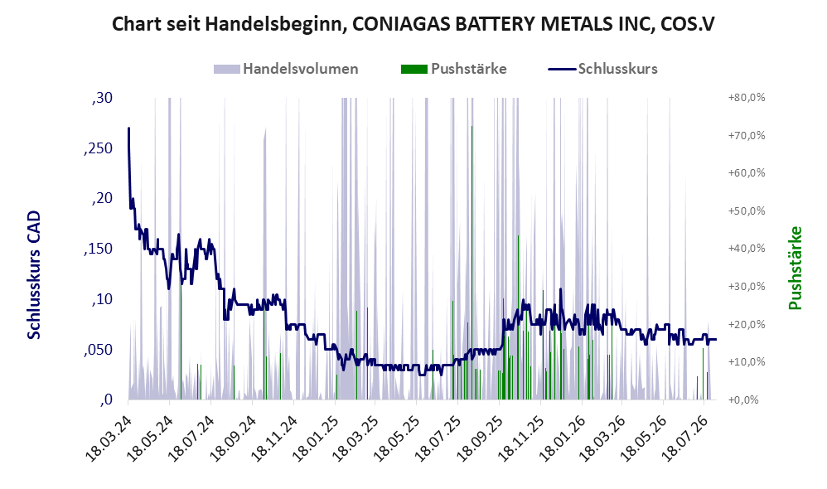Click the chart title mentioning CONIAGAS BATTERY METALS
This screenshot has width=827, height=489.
pyautogui.click(x=413, y=24)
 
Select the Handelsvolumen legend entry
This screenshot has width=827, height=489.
pyautogui.click(x=286, y=69)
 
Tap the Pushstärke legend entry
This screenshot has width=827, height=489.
pyautogui.click(x=453, y=69)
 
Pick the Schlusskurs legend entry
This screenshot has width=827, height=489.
pyautogui.click(x=602, y=69)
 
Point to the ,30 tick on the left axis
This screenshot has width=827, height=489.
pyautogui.click(x=102, y=98)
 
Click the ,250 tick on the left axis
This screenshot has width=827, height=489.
pyautogui.click(x=98, y=148)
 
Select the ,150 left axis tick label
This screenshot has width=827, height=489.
pyautogui.click(x=98, y=249)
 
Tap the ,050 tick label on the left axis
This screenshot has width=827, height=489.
pyautogui.click(x=98, y=351)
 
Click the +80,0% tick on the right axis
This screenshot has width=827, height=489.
pyautogui.click(x=747, y=98)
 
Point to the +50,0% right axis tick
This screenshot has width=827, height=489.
pyautogui.click(x=747, y=211)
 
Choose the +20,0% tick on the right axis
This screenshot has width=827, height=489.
pyautogui.click(x=747, y=324)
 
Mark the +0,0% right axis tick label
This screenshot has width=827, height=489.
pyautogui.click(x=743, y=399)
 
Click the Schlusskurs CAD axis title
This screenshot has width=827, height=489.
pyautogui.click(x=34, y=275)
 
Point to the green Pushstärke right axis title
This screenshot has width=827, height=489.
pyautogui.click(x=795, y=268)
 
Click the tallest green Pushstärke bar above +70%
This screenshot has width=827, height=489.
pyautogui.click(x=472, y=263)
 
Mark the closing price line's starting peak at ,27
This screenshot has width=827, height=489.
pyautogui.click(x=128, y=128)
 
